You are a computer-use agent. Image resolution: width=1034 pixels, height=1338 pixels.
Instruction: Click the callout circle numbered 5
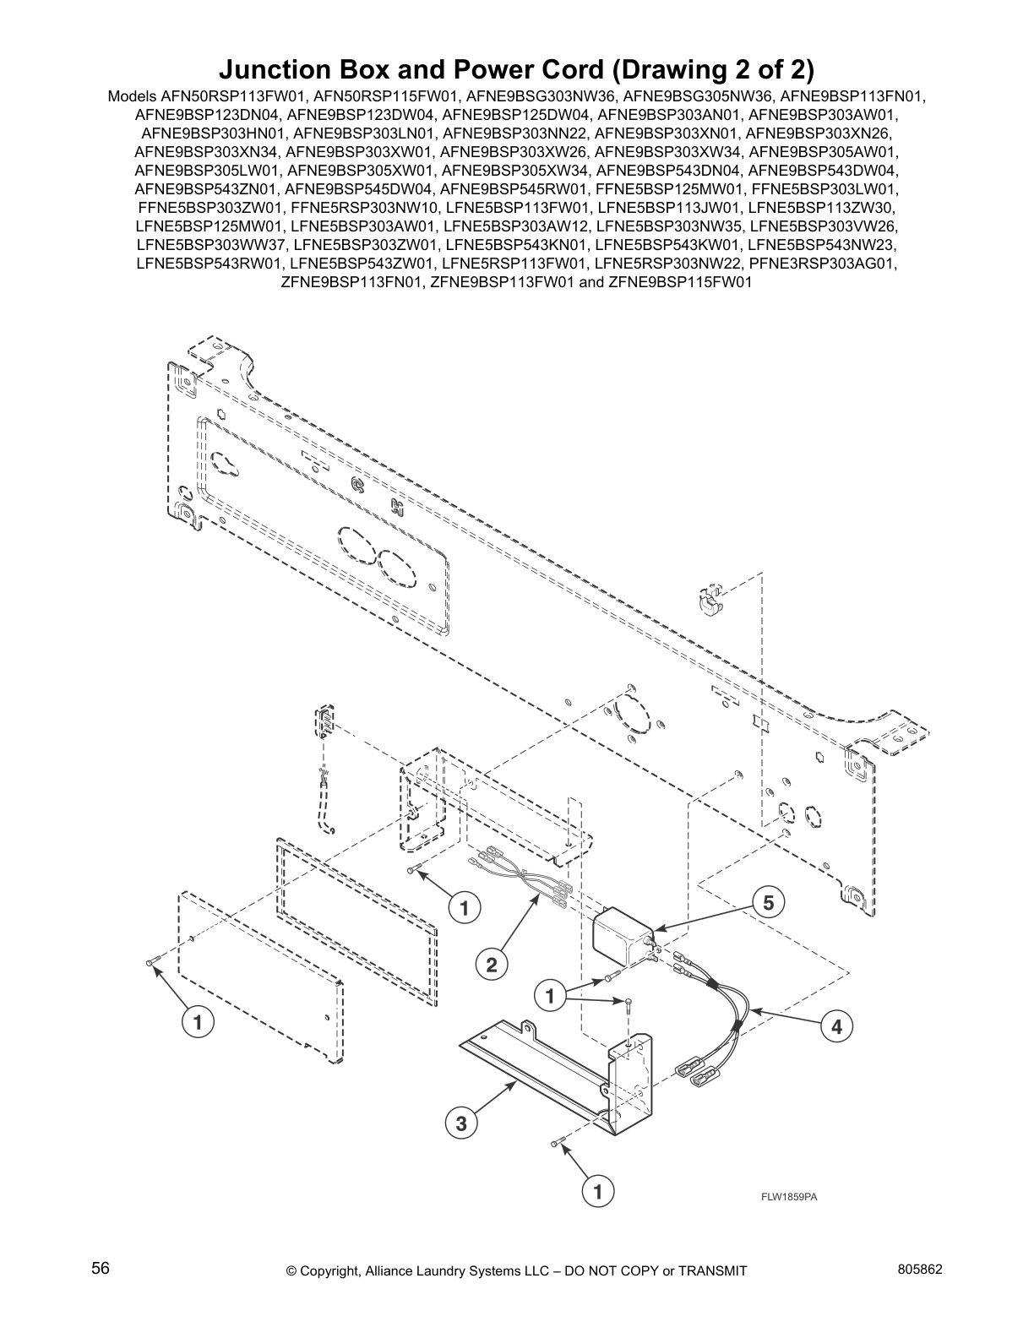[x=767, y=902]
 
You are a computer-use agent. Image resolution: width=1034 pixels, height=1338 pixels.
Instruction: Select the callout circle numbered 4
[x=835, y=1027]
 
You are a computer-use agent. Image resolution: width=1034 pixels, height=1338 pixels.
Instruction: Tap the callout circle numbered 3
[x=460, y=1123]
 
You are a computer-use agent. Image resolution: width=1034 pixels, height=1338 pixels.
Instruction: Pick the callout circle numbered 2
[x=491, y=964]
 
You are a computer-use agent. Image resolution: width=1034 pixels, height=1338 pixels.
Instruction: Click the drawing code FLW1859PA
[x=789, y=1196]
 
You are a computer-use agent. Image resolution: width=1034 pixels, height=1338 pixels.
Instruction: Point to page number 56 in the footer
[x=101, y=1268]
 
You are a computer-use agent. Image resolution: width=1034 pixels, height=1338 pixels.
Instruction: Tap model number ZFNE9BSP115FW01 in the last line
[x=680, y=282]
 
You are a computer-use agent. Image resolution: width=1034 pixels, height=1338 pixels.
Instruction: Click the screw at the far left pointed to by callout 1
[x=150, y=962]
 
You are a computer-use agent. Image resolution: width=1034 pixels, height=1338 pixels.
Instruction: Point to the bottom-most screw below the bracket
[x=554, y=1143]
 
